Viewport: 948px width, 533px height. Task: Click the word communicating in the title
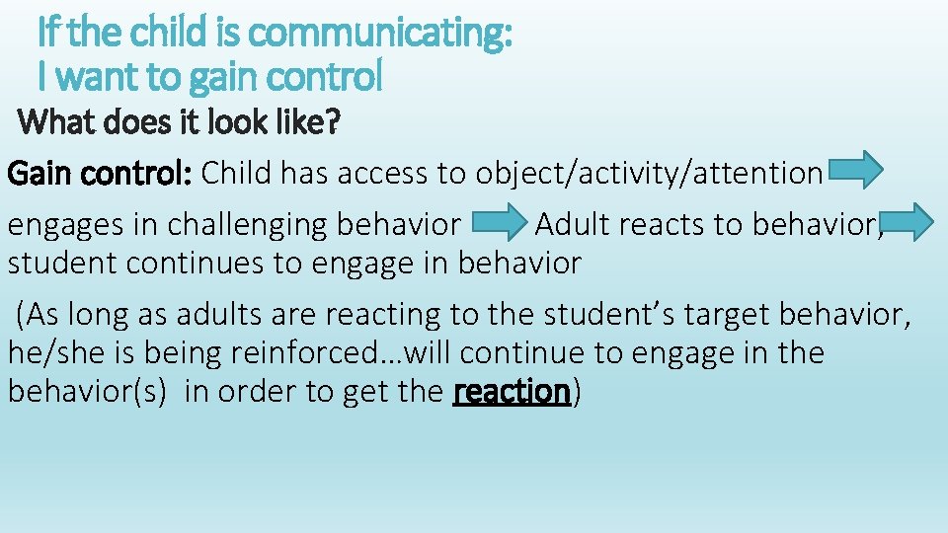tap(380, 35)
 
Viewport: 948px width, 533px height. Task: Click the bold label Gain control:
tap(100, 174)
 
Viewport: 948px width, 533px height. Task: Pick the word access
tap(383, 174)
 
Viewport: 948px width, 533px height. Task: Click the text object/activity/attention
tap(649, 174)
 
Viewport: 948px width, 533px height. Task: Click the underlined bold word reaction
tap(512, 392)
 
